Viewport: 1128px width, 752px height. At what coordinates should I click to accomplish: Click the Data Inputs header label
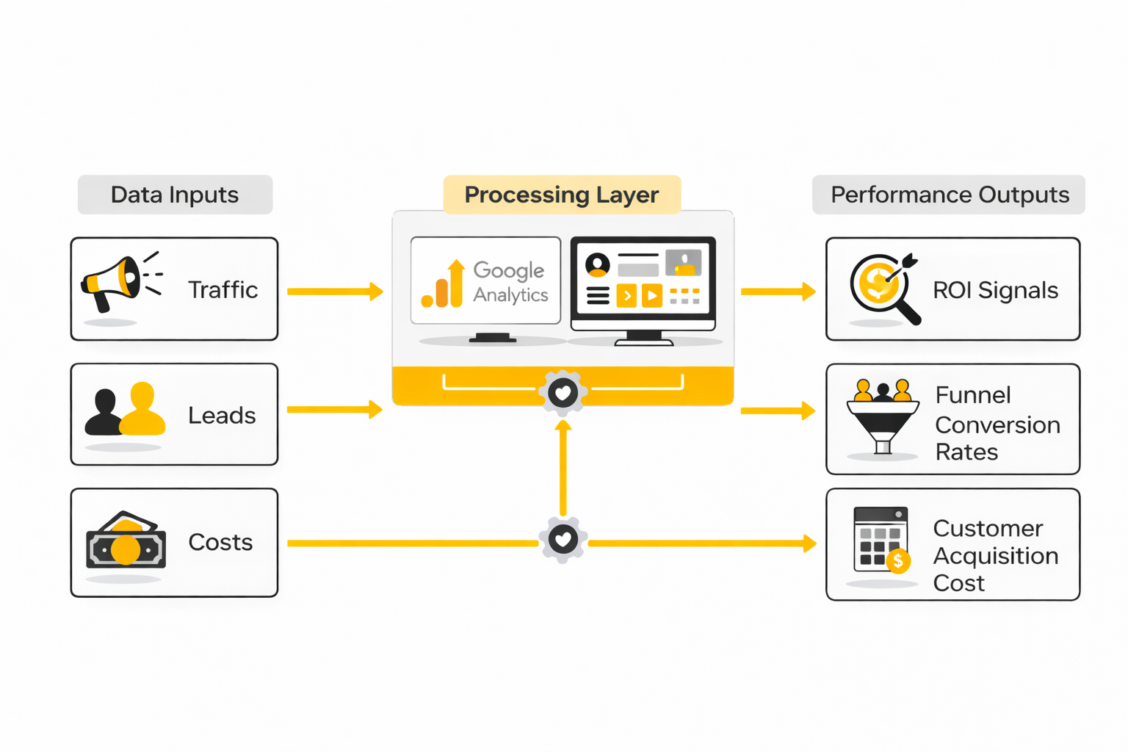click(175, 195)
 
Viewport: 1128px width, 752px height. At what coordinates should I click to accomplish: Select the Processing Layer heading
click(562, 195)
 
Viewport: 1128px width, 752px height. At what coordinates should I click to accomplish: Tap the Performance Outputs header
click(949, 195)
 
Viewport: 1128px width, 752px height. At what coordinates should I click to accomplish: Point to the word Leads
click(222, 416)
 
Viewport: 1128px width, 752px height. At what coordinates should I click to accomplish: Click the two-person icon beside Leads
click(125, 410)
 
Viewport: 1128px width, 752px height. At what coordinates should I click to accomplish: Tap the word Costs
click(220, 542)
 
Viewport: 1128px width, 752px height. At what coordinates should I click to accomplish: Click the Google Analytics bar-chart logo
click(443, 285)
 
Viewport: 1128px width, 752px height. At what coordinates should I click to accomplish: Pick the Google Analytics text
click(510, 282)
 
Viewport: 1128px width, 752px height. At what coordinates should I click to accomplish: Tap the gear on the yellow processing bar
click(563, 393)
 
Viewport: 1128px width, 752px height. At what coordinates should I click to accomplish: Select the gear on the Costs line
click(563, 540)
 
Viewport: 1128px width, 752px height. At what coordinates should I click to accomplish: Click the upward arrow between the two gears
click(563, 466)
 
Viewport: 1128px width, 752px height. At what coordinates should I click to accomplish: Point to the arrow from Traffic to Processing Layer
click(335, 292)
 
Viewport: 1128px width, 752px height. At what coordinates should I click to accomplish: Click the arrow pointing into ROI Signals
click(778, 292)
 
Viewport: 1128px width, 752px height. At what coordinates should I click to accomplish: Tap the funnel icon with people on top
click(883, 416)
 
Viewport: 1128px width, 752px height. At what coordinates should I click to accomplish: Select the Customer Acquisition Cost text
click(995, 555)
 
